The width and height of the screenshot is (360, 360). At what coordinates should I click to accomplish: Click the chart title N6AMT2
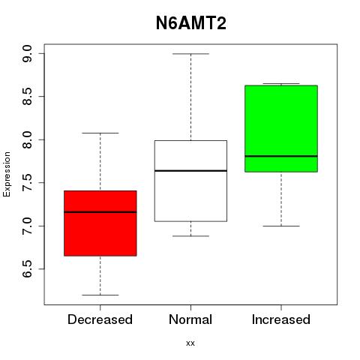(191, 23)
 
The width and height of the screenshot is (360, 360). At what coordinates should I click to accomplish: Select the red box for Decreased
(100, 223)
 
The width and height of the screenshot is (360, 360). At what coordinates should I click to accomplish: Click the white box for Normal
(190, 181)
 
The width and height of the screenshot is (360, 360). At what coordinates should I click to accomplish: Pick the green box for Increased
(281, 128)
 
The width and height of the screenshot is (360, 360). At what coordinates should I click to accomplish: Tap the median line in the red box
(100, 212)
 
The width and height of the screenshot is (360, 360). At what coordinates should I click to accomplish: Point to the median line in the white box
(190, 171)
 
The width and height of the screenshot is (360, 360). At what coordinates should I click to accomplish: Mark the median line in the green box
(281, 156)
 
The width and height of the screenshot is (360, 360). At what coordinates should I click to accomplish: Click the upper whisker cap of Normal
(191, 54)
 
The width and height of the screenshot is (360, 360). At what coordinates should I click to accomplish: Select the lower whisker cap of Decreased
(100, 295)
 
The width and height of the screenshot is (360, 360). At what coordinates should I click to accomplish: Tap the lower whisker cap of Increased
(281, 226)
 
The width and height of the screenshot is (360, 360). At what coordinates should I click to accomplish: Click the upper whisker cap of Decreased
(100, 133)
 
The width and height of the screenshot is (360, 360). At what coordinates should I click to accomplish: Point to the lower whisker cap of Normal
(191, 236)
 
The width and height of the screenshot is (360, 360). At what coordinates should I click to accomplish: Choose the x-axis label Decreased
(100, 319)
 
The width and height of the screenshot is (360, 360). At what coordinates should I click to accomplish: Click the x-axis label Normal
(190, 319)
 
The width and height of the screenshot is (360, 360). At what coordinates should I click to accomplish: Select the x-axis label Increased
(281, 319)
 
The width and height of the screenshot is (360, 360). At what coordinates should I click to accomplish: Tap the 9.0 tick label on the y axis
(27, 54)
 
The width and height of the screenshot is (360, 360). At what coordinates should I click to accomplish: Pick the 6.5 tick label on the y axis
(27, 269)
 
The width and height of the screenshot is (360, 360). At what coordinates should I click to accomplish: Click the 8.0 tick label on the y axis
(27, 139)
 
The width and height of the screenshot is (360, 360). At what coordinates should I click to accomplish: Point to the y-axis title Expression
(7, 174)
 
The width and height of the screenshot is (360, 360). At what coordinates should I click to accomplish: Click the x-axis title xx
(190, 343)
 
